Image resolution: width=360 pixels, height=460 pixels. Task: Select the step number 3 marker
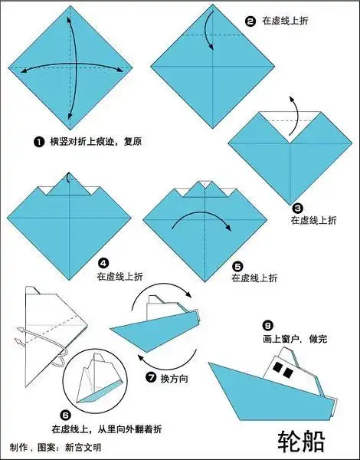(297, 208)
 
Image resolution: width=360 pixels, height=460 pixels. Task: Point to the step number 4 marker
(103, 261)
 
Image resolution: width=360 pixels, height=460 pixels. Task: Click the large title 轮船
(301, 440)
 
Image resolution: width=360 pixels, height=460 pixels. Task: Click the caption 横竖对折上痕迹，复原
(95, 142)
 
